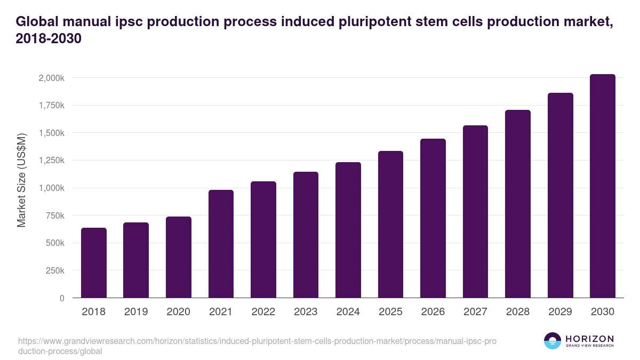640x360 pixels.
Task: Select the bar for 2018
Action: [x=94, y=263]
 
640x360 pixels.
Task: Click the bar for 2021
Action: [x=221, y=244]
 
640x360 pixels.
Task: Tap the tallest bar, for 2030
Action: [x=603, y=186]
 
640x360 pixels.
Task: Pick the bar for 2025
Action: [x=390, y=225]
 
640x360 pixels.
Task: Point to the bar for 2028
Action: [x=518, y=204]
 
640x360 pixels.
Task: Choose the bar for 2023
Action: [x=306, y=235]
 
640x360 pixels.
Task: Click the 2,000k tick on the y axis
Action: [x=51, y=78]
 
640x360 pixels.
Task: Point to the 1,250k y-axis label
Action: [x=51, y=161]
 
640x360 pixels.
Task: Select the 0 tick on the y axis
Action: [x=62, y=298]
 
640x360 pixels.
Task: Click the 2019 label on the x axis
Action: [x=136, y=312]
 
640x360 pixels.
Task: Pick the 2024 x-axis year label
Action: [x=348, y=312]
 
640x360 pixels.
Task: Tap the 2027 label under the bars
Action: [x=475, y=312]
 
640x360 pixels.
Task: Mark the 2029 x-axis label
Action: [x=560, y=312]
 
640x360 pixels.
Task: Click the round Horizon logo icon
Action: [x=553, y=341]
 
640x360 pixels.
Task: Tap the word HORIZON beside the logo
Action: [x=589, y=339]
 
